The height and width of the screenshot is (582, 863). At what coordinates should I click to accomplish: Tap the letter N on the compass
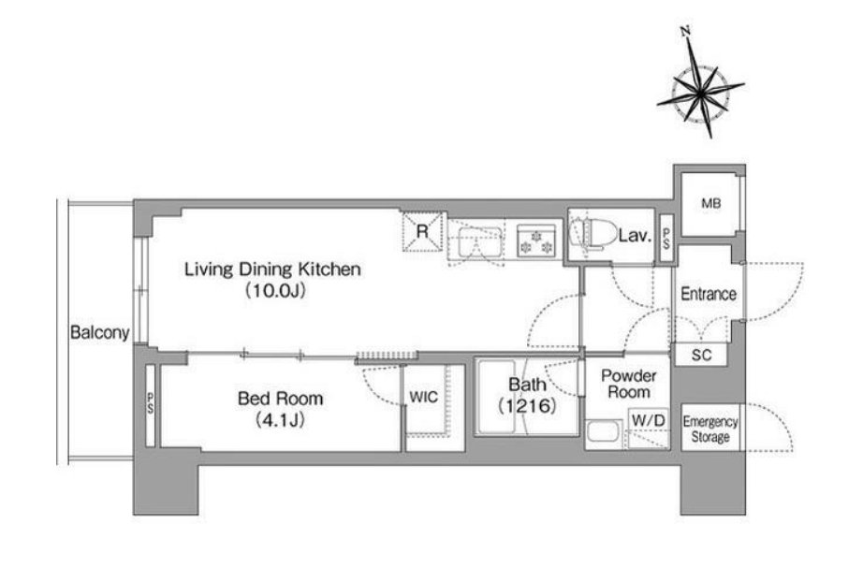coord(686,32)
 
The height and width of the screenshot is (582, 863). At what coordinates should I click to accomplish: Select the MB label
coord(711,204)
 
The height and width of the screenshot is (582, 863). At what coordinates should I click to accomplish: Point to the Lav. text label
coord(636,236)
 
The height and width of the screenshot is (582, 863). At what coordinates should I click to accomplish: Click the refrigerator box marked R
coord(422,231)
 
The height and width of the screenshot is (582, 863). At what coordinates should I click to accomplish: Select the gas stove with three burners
coord(536,241)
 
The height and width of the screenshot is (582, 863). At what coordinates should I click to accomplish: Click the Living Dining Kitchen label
coord(272,269)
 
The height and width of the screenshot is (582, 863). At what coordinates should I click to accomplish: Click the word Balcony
coord(99,332)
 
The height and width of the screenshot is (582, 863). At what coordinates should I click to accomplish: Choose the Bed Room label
coord(280,399)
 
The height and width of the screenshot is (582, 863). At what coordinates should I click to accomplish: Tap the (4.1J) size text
coord(280,420)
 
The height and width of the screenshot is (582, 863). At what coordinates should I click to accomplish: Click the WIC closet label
coord(424,397)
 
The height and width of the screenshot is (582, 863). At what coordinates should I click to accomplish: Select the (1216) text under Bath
coord(527,406)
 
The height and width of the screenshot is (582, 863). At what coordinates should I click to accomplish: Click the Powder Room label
coord(629,384)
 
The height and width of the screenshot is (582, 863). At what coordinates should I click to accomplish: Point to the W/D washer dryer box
coord(649,421)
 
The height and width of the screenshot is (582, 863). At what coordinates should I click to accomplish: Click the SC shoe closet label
coord(702,356)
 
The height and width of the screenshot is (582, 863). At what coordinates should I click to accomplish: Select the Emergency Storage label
coord(710,429)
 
